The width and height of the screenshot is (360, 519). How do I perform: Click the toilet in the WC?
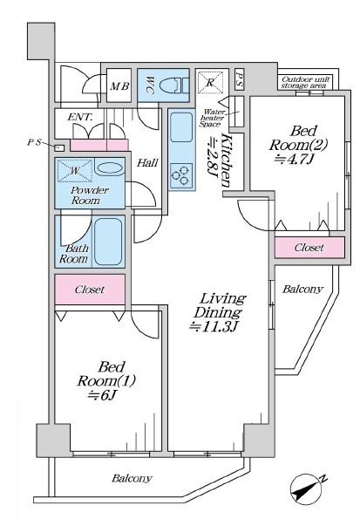point(173,85)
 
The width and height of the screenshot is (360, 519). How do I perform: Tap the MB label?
point(119,86)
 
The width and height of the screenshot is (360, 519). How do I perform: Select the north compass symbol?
point(306,489)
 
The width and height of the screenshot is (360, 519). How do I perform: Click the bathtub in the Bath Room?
point(108,242)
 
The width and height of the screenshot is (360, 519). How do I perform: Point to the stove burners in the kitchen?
point(180,175)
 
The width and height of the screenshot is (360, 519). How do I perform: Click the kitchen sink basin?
point(181,127)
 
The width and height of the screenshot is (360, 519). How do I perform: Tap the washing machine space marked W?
point(75,171)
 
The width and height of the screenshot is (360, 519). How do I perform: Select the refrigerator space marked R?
point(210,82)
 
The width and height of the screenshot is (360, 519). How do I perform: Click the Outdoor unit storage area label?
point(305,82)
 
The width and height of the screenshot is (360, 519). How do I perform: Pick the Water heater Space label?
point(213,118)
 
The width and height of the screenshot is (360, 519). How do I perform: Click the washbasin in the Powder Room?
point(111,167)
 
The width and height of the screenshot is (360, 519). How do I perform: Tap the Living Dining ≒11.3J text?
point(219,312)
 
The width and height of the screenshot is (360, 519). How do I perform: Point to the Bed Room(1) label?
point(105,380)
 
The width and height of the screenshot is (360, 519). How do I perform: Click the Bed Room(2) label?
point(298,144)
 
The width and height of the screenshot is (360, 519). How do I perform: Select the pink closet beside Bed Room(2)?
point(309,247)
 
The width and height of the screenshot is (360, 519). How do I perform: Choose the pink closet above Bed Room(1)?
point(90,290)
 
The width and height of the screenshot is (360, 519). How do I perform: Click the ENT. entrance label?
point(80,117)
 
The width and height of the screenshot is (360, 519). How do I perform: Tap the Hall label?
point(147,162)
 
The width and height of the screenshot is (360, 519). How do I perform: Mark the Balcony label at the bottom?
point(132,478)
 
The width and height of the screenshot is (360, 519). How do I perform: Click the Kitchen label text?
point(226,160)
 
